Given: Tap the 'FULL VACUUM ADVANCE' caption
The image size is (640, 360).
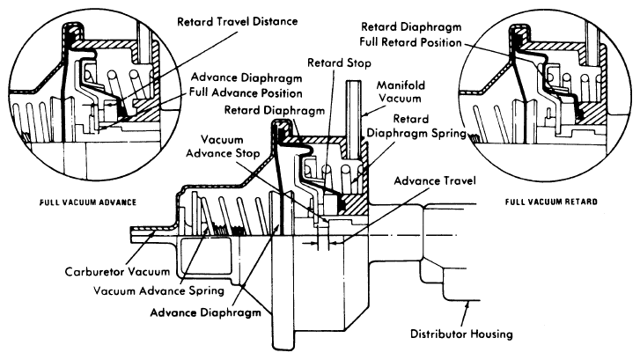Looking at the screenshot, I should pyautogui.click(x=74, y=202).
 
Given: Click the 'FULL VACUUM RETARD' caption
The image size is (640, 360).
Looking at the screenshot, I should pyautogui.click(x=551, y=202).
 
